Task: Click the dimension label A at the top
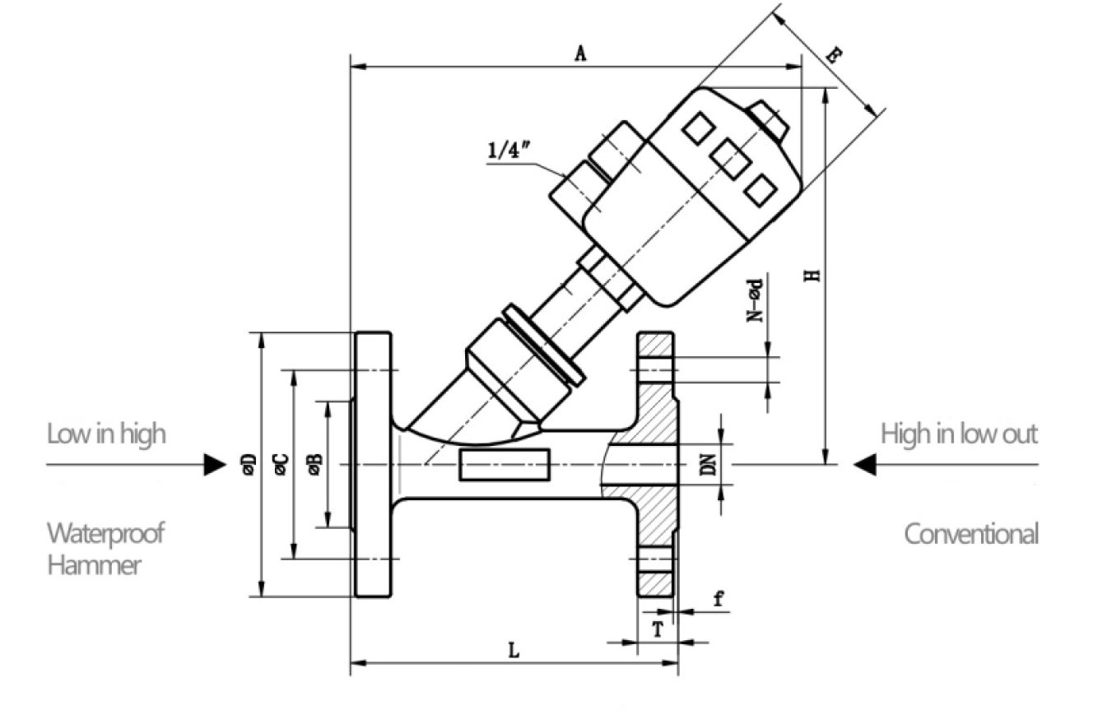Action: [x=579, y=54]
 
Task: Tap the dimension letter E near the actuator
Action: [x=834, y=57]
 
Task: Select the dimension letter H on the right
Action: [x=812, y=275]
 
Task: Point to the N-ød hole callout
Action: [x=755, y=300]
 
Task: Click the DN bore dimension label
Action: [x=707, y=466]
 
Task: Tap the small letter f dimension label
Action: [x=718, y=599]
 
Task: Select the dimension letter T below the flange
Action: [x=657, y=629]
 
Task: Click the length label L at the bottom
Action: [x=513, y=651]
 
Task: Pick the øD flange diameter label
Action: [x=249, y=465]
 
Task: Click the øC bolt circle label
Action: [x=280, y=464]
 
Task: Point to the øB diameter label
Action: [x=314, y=465]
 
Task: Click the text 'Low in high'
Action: [x=106, y=433]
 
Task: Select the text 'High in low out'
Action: [x=959, y=433]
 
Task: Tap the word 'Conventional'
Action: [x=971, y=534]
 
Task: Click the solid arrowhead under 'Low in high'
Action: [x=216, y=465]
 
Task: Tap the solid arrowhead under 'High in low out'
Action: [x=864, y=465]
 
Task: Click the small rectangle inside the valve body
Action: [x=505, y=465]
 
